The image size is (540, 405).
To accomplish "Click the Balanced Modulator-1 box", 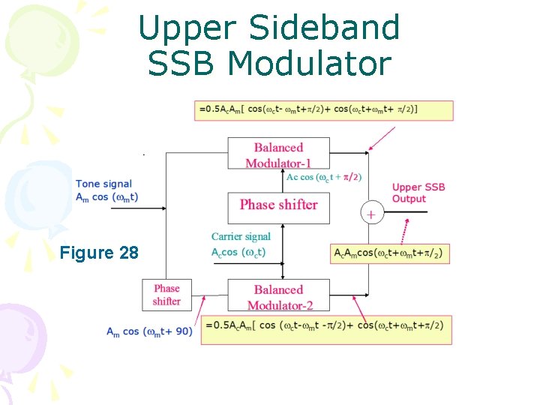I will click(278, 154).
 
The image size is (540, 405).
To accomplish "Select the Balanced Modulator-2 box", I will click(278, 297).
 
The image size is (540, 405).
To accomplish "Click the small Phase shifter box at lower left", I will click(166, 295).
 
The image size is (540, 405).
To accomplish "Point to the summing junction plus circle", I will click(370, 213).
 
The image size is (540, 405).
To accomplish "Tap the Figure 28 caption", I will click(99, 253).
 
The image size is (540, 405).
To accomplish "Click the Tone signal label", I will click(103, 184).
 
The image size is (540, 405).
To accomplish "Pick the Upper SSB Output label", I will click(418, 193).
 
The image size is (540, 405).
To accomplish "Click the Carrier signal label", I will click(241, 237).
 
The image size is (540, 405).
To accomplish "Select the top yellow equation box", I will click(323, 109).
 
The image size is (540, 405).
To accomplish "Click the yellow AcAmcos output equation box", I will click(390, 253).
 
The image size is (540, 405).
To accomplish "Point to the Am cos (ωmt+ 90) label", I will click(149, 331).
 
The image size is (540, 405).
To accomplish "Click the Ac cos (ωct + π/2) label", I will click(324, 178).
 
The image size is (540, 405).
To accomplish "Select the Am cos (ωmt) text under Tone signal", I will click(106, 196).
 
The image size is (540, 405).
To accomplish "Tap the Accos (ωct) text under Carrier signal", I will click(238, 252).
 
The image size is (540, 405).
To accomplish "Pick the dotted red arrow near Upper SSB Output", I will click(405, 229).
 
